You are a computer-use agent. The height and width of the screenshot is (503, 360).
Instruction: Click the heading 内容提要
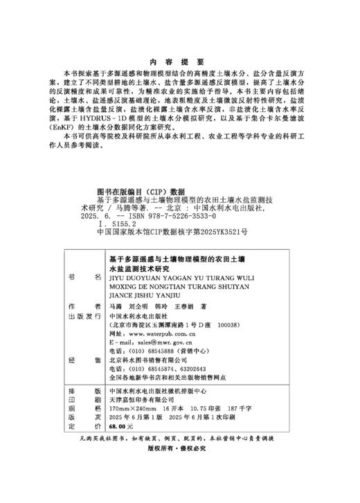[179, 61]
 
